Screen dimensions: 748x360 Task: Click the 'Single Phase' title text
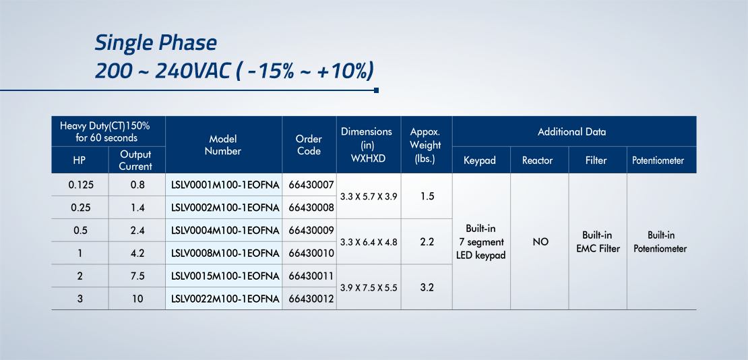[x=156, y=43]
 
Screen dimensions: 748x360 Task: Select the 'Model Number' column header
[x=223, y=145]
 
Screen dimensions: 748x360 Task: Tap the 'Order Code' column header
[x=309, y=145]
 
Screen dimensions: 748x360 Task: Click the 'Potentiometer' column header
[x=661, y=160]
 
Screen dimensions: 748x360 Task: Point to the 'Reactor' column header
[x=539, y=160]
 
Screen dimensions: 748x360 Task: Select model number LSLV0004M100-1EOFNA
[x=224, y=230]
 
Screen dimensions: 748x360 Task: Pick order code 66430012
[x=311, y=299]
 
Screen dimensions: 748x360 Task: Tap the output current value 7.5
[x=137, y=276]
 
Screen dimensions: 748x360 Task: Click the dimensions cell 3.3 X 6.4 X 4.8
[x=369, y=242]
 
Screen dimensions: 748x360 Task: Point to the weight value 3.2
[x=427, y=288]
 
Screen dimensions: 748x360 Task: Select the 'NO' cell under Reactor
[x=540, y=242]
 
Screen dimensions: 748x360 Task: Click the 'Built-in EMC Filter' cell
[x=597, y=242]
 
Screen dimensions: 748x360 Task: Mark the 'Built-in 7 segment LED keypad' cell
[x=481, y=242]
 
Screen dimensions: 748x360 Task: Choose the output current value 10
[x=137, y=299]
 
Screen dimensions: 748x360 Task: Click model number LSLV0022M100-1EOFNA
[x=224, y=299]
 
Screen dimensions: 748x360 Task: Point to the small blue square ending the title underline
[x=377, y=90]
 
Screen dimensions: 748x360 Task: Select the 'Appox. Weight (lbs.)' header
[x=425, y=145]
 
